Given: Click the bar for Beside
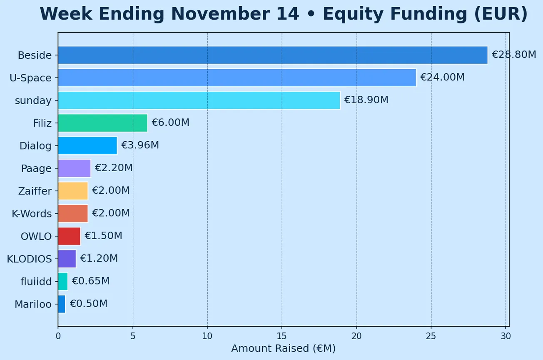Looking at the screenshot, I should (x=273, y=55).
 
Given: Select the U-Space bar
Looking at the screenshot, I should (x=237, y=78).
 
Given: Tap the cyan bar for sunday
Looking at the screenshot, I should (x=199, y=100).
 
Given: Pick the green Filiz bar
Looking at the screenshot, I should (x=103, y=123).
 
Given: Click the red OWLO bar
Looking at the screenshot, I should (x=69, y=236).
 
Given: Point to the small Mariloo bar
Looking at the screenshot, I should (x=62, y=304).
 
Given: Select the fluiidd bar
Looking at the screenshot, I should (x=63, y=281).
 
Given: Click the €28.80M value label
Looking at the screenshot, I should (x=514, y=55).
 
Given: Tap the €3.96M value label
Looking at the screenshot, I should (x=140, y=145).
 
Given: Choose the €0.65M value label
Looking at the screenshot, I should (x=90, y=281).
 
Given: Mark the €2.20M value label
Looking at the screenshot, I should (x=114, y=168).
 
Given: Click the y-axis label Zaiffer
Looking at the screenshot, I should (x=35, y=191).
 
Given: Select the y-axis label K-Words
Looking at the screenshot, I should (x=32, y=214).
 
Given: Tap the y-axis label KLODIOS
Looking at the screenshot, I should (x=29, y=259).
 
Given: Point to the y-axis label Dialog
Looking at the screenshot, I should (x=35, y=146).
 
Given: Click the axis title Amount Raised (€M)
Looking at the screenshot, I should (x=283, y=348).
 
